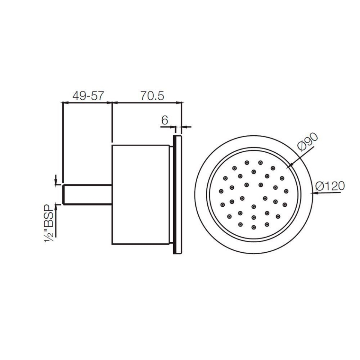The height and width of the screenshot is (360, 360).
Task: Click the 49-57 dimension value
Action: [88, 96]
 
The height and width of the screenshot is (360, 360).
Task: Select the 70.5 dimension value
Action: [152, 96]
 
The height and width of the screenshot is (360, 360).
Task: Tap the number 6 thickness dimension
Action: [164, 120]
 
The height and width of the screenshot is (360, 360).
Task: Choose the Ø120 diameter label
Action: [330, 186]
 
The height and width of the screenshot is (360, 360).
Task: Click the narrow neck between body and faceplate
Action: [171, 195]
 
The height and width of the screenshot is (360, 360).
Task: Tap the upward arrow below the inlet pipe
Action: [56, 205]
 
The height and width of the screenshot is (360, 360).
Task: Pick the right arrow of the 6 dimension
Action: [185, 127]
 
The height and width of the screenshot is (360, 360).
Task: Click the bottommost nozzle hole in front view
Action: [254, 227]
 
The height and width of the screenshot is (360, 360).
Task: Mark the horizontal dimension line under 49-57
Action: [87, 102]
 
